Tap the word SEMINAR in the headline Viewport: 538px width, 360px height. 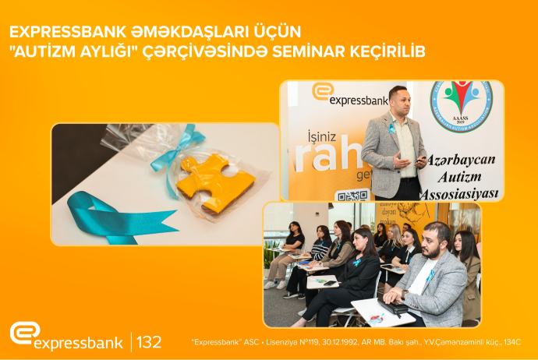[320, 51]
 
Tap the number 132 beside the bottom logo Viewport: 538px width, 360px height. [149, 341]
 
